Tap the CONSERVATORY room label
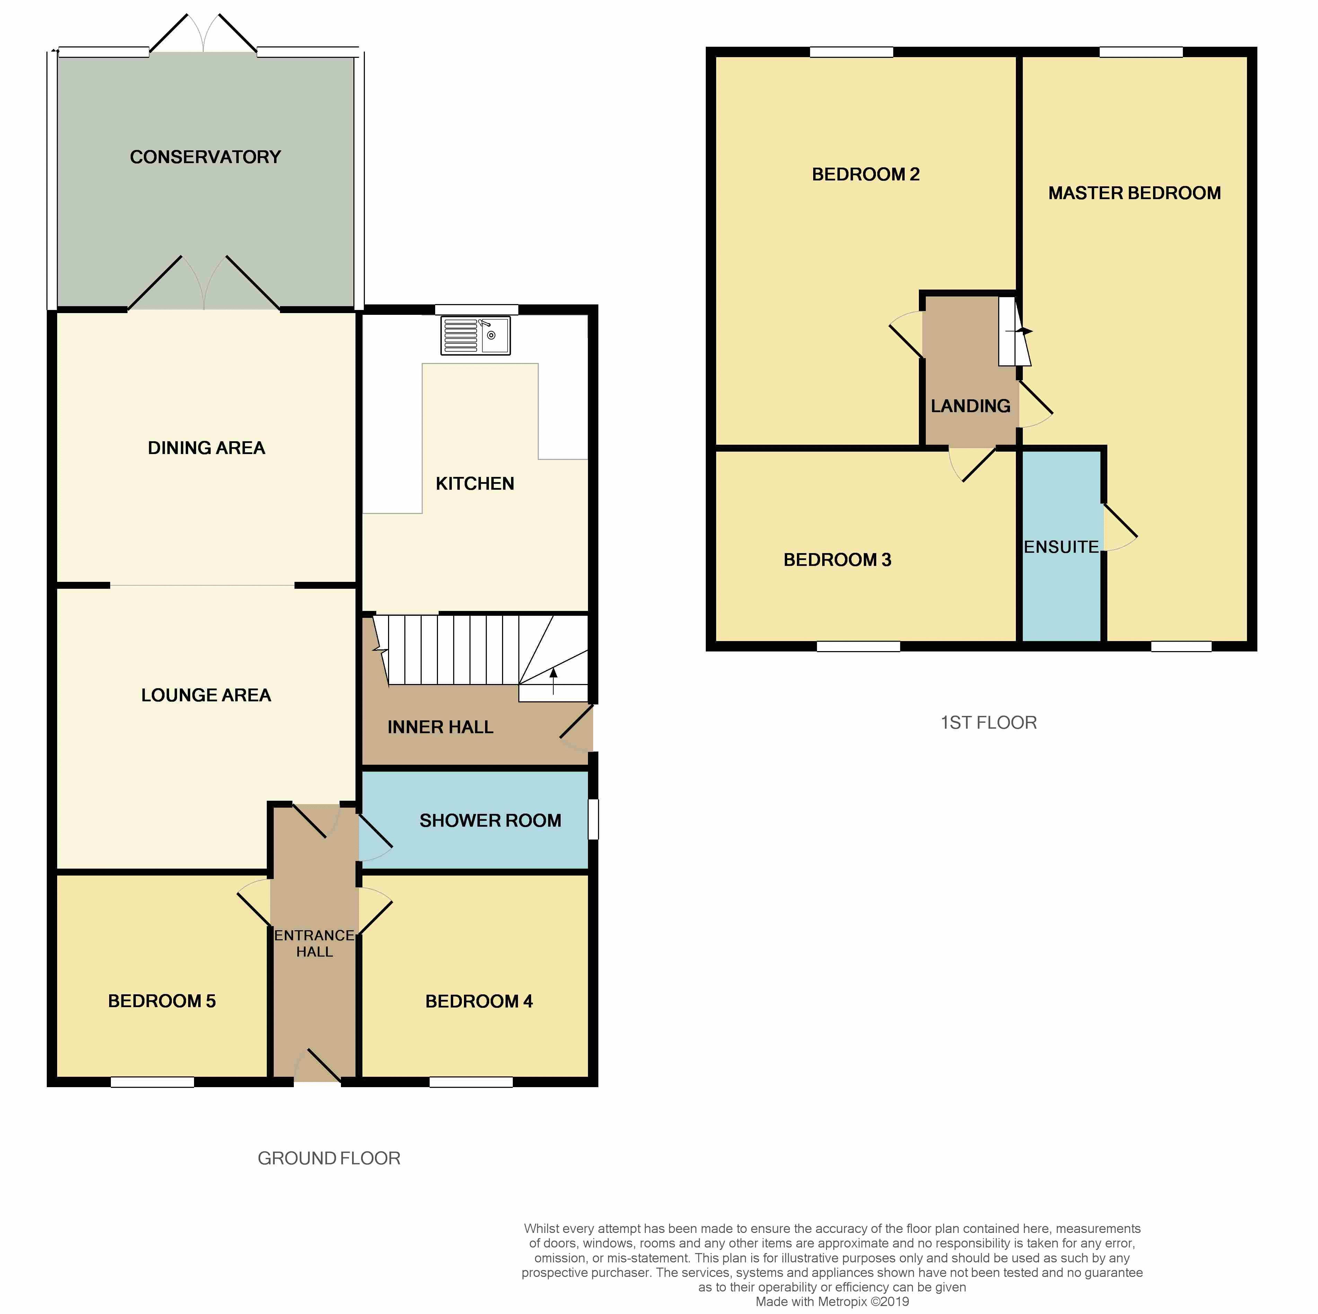205,158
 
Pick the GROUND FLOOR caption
329,1158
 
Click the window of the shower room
593,819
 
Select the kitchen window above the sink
476,310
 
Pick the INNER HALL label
440,728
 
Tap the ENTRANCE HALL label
315,943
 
